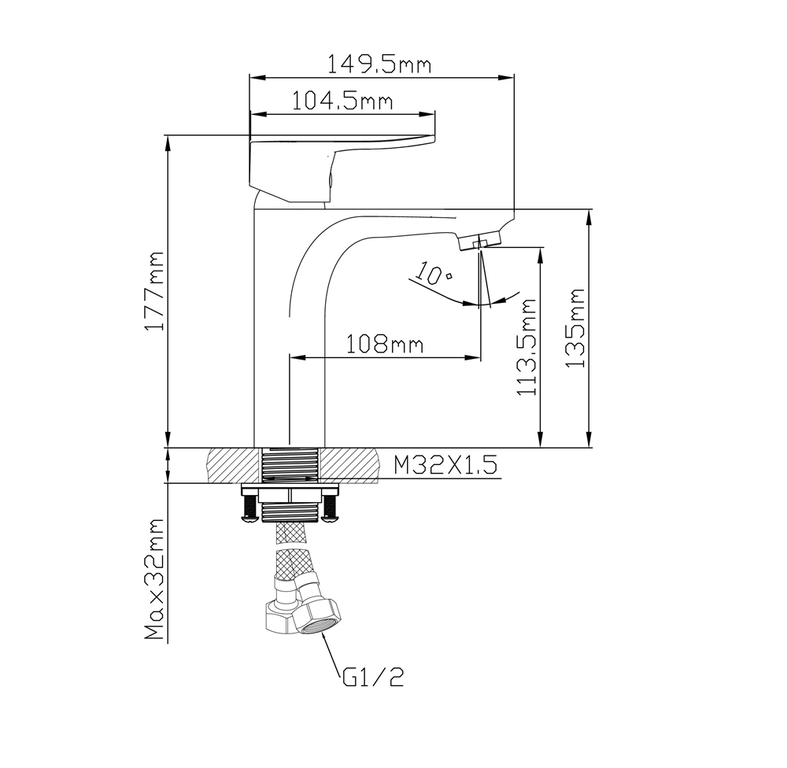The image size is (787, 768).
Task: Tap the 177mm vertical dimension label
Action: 156,291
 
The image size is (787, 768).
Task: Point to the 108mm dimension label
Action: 385,344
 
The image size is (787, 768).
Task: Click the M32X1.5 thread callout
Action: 445,465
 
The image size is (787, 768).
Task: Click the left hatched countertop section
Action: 233,465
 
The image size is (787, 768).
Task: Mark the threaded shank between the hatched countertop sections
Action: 290,465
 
